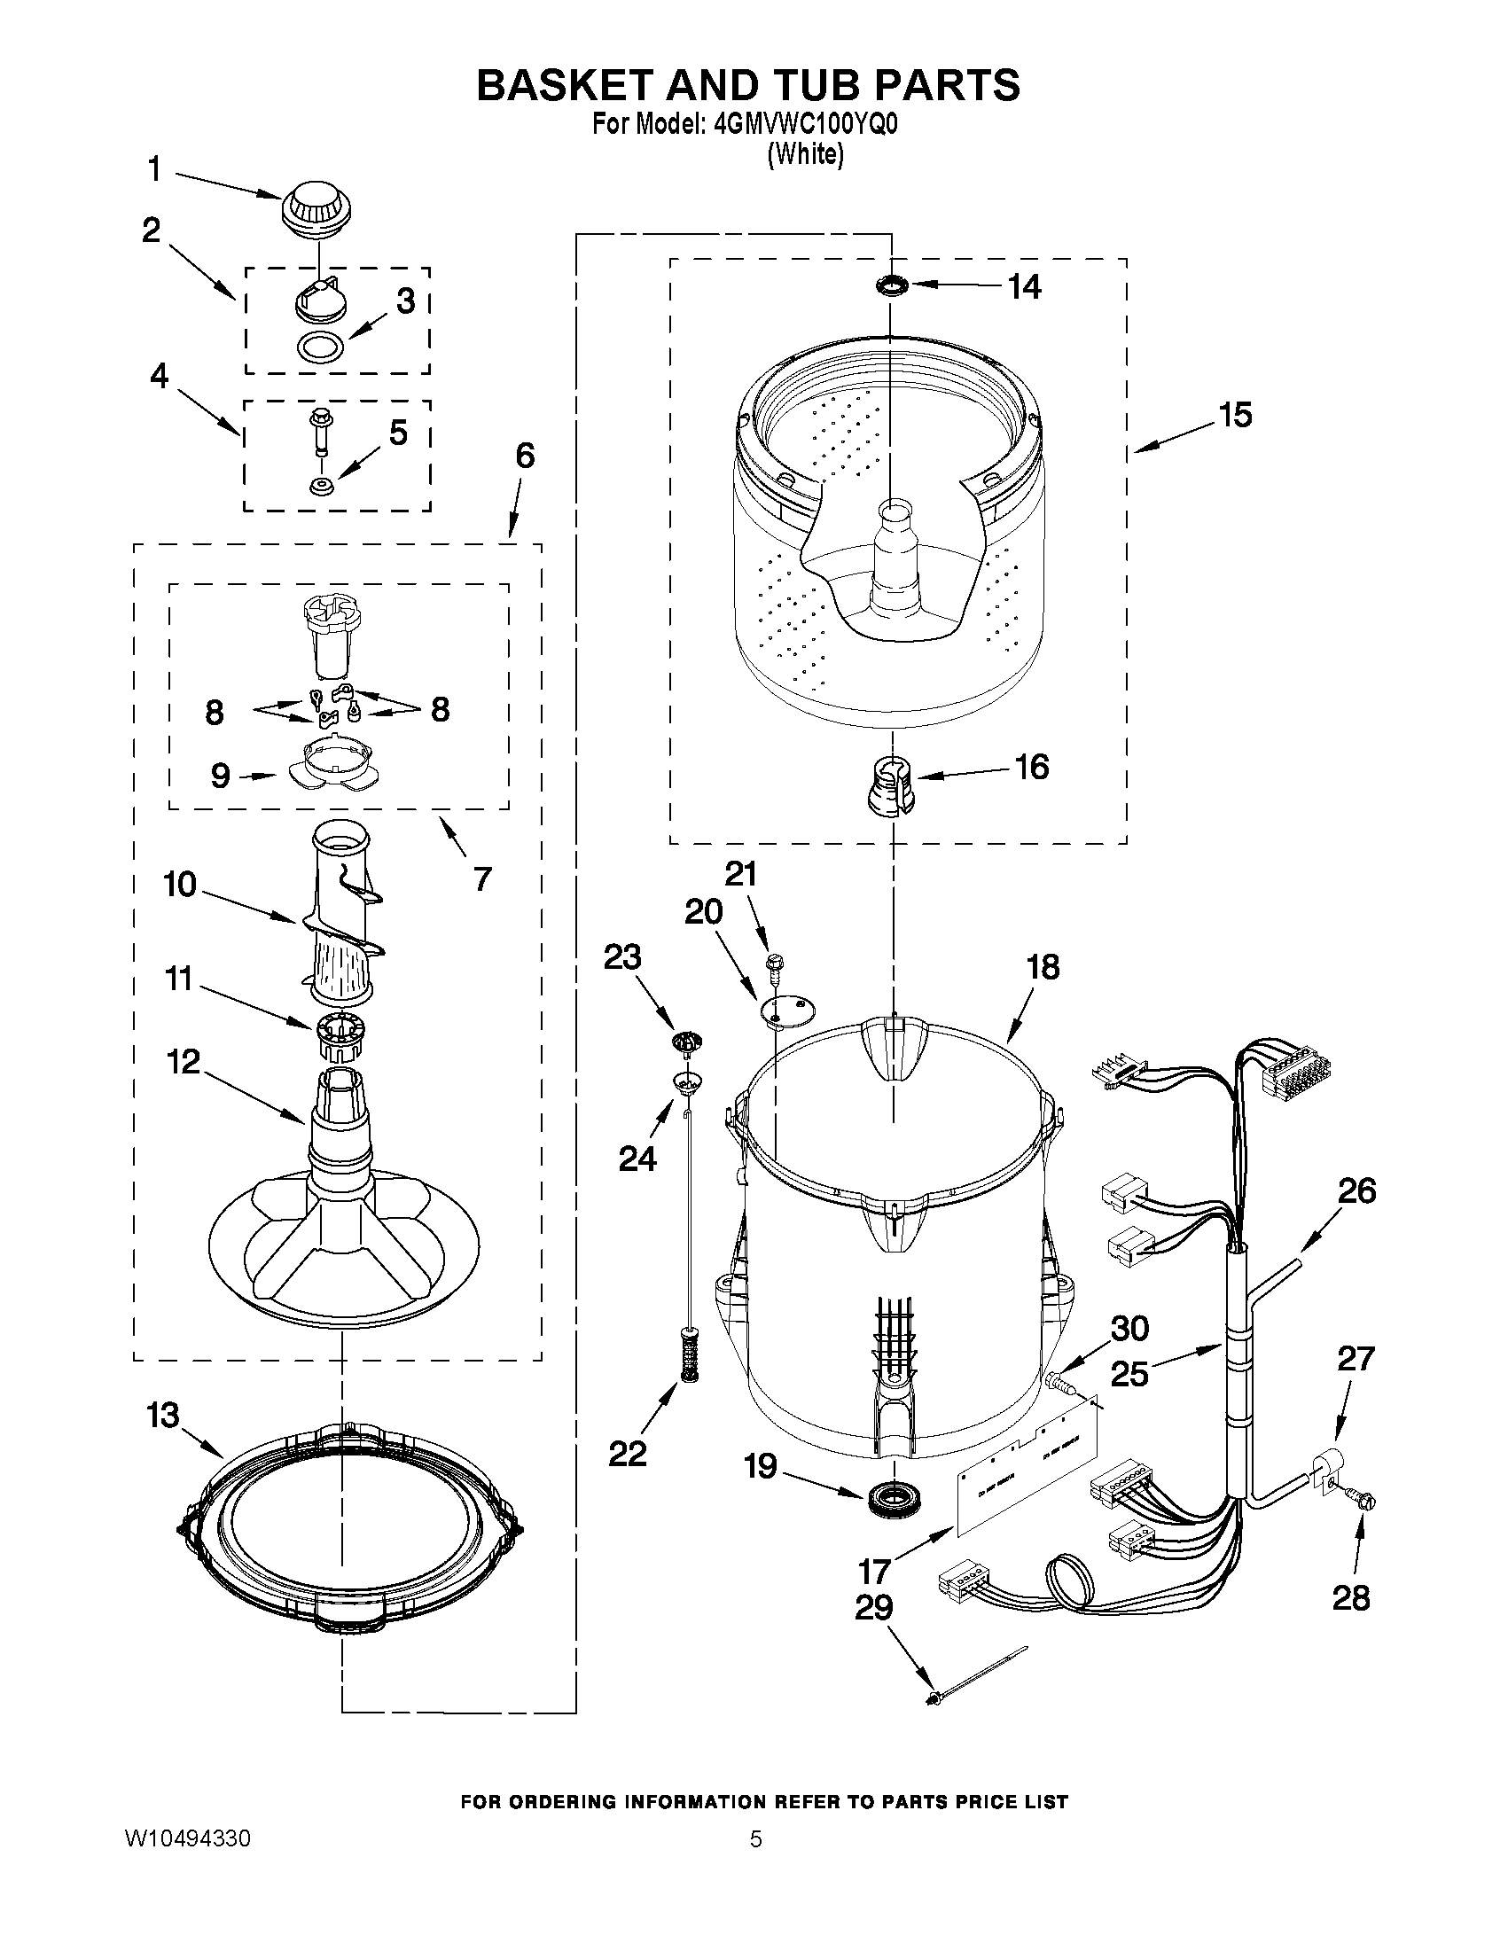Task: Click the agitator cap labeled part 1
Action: pos(316,213)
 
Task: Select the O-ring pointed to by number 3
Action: pos(321,345)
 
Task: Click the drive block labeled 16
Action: pos(891,784)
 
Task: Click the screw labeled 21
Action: pos(774,963)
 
